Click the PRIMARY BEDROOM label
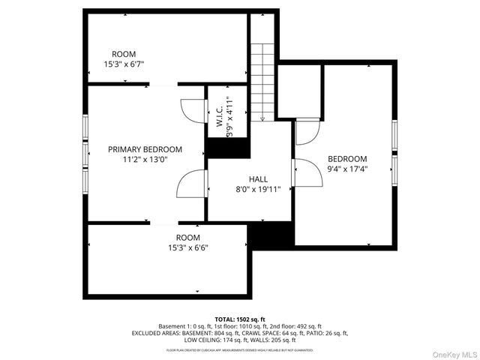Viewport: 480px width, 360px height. coord(145,149)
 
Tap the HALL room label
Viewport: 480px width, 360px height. coord(258,179)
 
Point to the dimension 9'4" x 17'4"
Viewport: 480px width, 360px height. coord(347,169)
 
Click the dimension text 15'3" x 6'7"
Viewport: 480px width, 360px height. coord(124,64)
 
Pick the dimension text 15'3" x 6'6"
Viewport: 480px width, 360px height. coord(188,247)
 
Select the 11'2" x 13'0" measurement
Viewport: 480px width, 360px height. coord(145,160)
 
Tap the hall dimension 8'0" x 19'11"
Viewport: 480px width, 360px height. coord(258,190)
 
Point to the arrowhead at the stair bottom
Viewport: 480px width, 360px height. coord(262,117)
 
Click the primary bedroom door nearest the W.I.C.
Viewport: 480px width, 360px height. coord(191,111)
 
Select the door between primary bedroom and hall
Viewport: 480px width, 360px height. coord(192,184)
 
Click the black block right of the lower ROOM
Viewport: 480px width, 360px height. coord(270,235)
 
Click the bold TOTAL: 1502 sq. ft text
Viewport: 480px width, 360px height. coord(240,319)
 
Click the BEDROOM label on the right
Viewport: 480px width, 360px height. coord(347,159)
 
